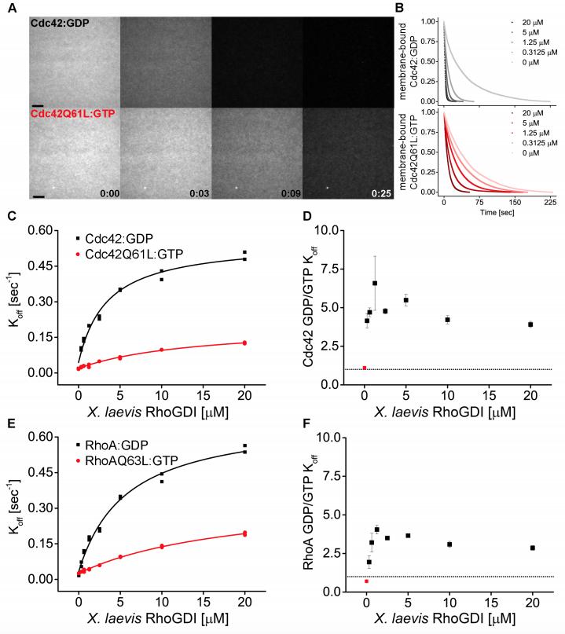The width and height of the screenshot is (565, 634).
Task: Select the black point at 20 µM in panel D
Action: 530,324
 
